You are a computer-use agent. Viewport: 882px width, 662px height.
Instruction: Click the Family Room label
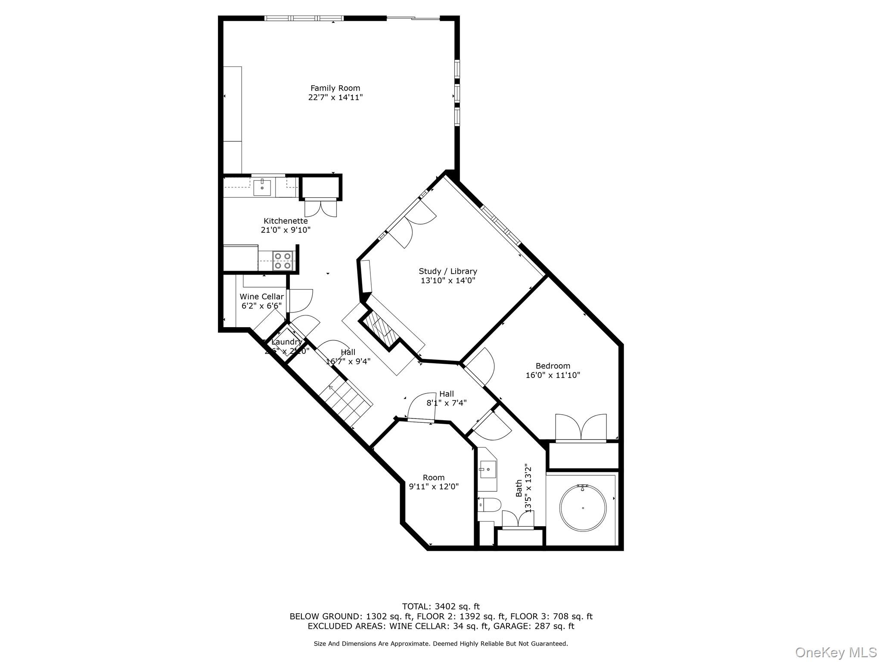pyautogui.click(x=335, y=88)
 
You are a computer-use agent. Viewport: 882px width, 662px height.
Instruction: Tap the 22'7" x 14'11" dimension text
pyautogui.click(x=335, y=97)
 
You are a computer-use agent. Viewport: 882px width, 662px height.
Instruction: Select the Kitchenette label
pyautogui.click(x=286, y=221)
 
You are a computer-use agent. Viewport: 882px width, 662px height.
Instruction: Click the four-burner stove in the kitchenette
pyautogui.click(x=283, y=261)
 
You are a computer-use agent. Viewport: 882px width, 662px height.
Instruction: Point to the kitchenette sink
pyautogui.click(x=262, y=187)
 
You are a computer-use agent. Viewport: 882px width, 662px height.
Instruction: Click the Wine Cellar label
pyautogui.click(x=261, y=297)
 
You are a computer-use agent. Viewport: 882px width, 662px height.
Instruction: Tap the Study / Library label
pyautogui.click(x=448, y=271)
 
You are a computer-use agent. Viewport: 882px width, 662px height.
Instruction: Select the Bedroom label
pyautogui.click(x=553, y=366)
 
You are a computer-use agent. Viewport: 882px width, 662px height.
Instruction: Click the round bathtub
pyautogui.click(x=583, y=508)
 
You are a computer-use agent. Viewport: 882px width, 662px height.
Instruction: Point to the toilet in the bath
pyautogui.click(x=490, y=504)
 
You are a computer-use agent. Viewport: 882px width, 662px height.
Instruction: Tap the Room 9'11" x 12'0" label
pyautogui.click(x=433, y=482)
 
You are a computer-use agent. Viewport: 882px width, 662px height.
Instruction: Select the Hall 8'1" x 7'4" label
pyautogui.click(x=447, y=398)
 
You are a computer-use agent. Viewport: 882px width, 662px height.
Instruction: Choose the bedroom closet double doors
pyautogui.click(x=581, y=428)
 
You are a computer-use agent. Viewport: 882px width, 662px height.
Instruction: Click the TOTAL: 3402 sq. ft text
pyautogui.click(x=441, y=607)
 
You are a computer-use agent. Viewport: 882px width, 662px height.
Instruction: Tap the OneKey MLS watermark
pyautogui.click(x=835, y=652)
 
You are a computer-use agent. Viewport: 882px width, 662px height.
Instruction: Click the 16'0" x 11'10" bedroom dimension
pyautogui.click(x=553, y=375)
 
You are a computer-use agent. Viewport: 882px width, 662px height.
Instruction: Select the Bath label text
pyautogui.click(x=519, y=488)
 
